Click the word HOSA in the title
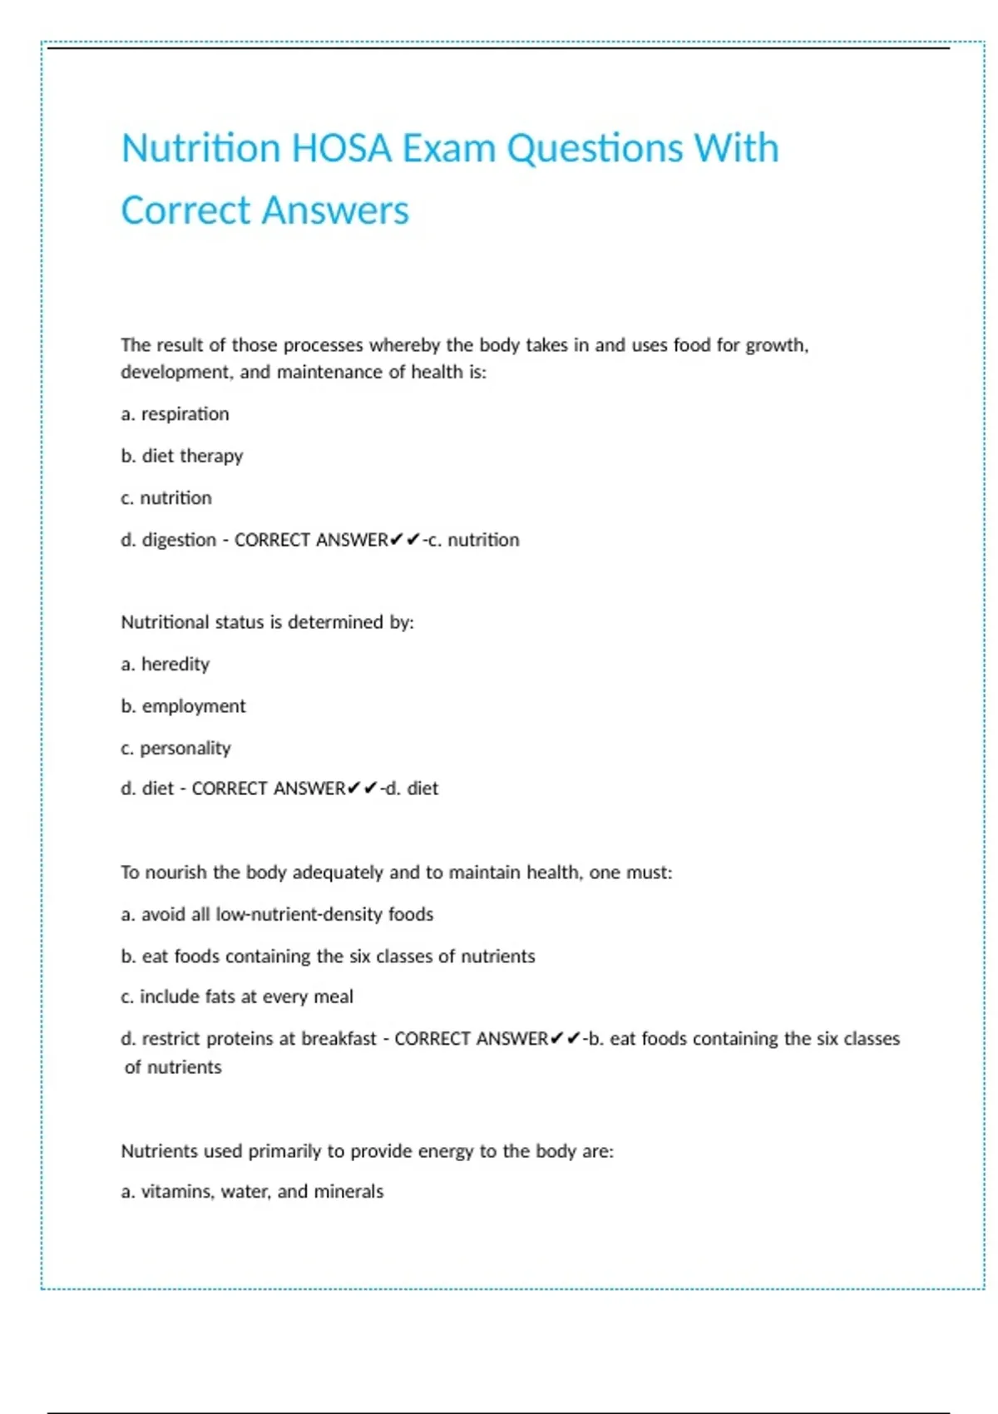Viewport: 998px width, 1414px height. [x=341, y=149]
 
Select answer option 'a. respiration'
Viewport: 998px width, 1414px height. [x=175, y=414]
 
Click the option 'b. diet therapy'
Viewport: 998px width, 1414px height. [x=181, y=456]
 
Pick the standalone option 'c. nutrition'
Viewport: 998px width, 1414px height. [x=166, y=498]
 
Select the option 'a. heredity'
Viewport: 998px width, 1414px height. [x=165, y=665]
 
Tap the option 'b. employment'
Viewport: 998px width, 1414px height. [x=183, y=706]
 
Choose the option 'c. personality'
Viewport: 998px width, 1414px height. [x=175, y=749]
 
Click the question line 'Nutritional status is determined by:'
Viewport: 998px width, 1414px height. [x=267, y=622]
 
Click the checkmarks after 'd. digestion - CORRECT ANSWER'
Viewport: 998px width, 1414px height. [x=405, y=540]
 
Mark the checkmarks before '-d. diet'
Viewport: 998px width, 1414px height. [x=363, y=789]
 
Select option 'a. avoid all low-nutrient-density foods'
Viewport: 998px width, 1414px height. [x=277, y=914]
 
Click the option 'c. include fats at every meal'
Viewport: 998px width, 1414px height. [x=237, y=996]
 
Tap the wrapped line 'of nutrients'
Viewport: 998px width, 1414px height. [x=173, y=1067]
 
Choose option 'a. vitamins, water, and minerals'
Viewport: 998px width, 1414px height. [x=252, y=1192]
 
